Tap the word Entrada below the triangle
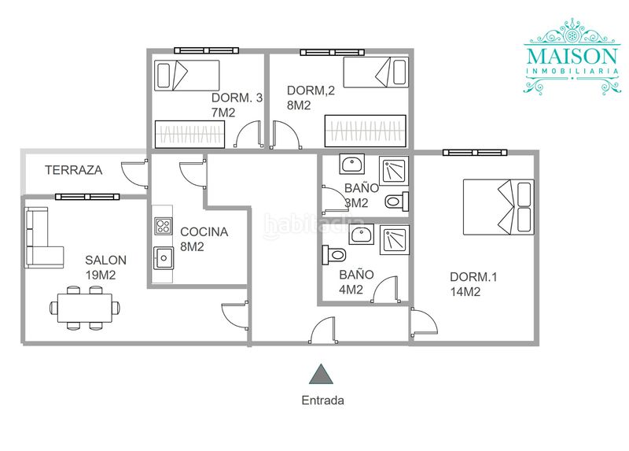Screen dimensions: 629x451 tap(323, 401)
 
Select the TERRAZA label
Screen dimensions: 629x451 tap(73, 170)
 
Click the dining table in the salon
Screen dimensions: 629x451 tap(85, 308)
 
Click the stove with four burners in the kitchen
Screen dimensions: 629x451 tap(164, 226)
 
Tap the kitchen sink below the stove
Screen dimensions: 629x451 tap(164, 258)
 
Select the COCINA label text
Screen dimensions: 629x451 tap(204, 231)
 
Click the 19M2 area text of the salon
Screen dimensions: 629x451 tap(101, 275)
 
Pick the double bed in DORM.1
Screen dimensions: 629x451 tap(498, 207)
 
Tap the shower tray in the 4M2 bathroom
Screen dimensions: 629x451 tap(395, 240)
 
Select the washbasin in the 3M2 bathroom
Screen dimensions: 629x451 tap(352, 164)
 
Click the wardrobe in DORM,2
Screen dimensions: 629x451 tap(365, 131)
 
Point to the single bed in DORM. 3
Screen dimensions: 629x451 tap(187, 76)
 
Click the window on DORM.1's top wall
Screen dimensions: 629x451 tap(475, 152)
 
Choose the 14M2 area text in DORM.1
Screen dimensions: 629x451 tap(465, 292)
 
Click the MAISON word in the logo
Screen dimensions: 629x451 tap(572, 56)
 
